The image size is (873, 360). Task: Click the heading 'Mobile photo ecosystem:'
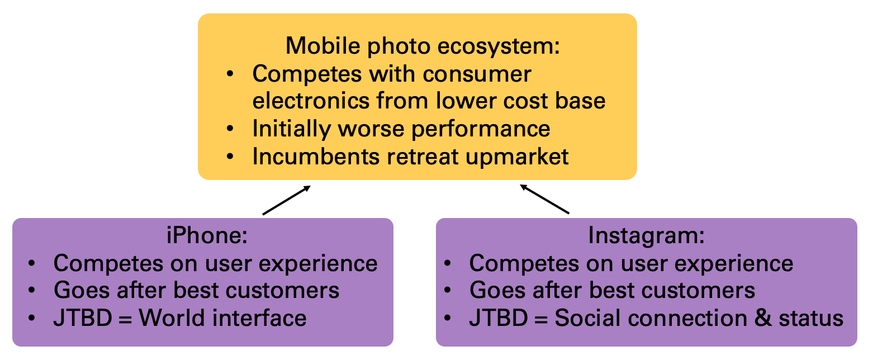[423, 46]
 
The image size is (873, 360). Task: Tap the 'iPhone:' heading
[207, 235]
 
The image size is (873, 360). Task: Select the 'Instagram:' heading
[646, 236]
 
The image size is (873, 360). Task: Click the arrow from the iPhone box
[287, 200]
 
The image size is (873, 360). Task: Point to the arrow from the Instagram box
[544, 199]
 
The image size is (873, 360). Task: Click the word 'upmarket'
[517, 157]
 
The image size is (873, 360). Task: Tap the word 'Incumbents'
[316, 157]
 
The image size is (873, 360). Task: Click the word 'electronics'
[310, 101]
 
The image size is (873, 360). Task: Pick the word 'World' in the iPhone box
[172, 318]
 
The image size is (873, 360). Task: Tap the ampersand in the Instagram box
[763, 318]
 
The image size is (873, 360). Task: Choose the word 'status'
[810, 318]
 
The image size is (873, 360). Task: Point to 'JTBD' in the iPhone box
[83, 318]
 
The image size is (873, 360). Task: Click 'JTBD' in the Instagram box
[499, 318]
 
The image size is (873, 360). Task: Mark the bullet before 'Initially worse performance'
[230, 129]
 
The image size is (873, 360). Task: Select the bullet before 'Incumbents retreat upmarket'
[230, 157]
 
